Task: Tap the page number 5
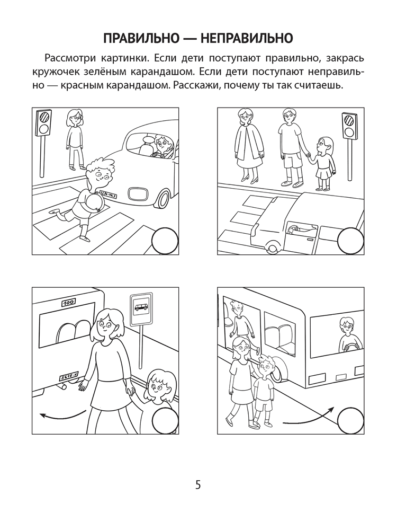point(198,484)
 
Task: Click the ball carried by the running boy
point(89,205)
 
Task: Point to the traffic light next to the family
point(349,126)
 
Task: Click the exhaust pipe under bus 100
point(62,388)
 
